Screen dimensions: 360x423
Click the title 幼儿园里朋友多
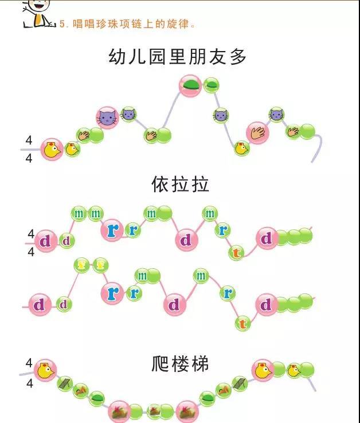(x=178, y=57)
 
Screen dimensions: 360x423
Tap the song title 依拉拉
(x=181, y=185)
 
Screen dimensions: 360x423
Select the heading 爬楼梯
(x=181, y=363)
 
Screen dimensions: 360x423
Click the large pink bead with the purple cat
(x=106, y=118)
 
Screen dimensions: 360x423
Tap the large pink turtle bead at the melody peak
(x=190, y=86)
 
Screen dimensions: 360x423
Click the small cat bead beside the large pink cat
(x=129, y=113)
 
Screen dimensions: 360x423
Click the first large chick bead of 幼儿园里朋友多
(x=52, y=150)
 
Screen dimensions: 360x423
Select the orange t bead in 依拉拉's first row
(x=236, y=253)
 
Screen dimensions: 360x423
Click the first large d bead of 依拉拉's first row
(x=46, y=241)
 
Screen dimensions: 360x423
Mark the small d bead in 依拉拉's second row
(x=64, y=304)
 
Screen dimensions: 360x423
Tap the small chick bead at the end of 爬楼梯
(x=293, y=370)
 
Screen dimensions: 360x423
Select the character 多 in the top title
(x=238, y=57)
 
